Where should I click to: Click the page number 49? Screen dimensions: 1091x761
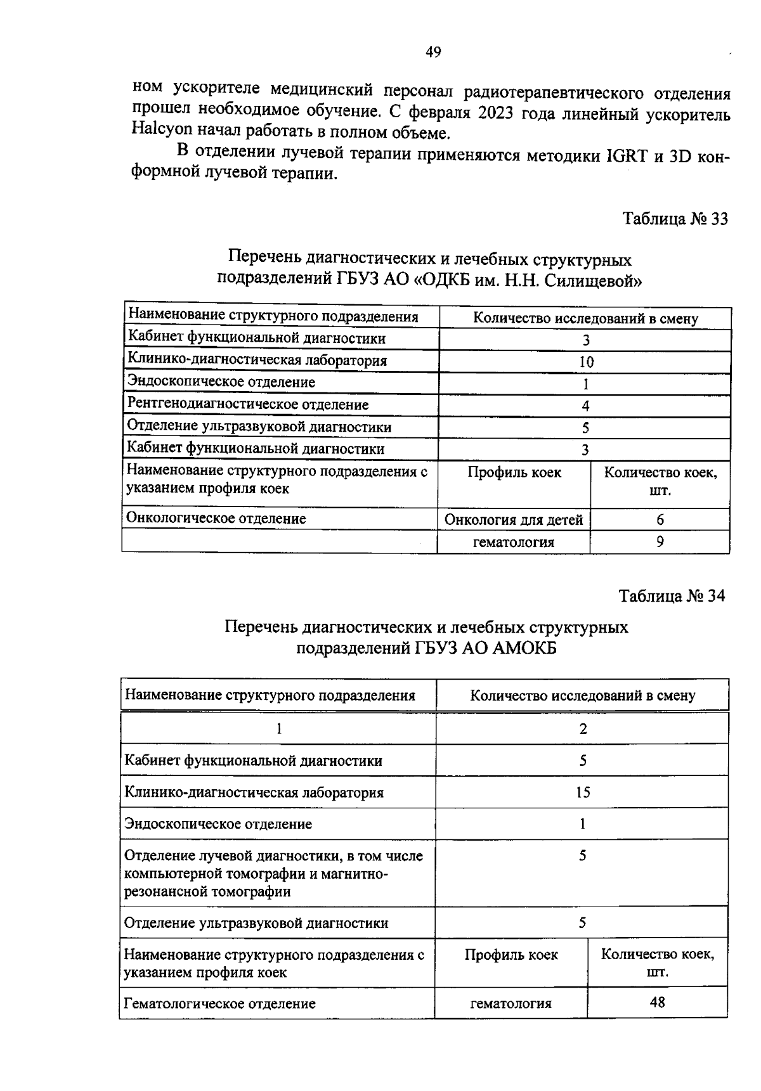pyautogui.click(x=433, y=53)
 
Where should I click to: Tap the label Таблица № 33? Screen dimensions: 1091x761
pyautogui.click(x=675, y=219)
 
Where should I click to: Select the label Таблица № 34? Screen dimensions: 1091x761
pyautogui.click(x=672, y=597)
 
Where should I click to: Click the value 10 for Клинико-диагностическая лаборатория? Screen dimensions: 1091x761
pyautogui.click(x=586, y=362)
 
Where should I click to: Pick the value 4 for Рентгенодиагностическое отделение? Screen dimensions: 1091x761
pyautogui.click(x=586, y=406)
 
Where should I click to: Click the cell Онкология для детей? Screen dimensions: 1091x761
pyautogui.click(x=514, y=520)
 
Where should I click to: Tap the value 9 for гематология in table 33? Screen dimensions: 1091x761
pyautogui.click(x=660, y=542)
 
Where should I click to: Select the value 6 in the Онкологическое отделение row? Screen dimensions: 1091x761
pyautogui.click(x=660, y=520)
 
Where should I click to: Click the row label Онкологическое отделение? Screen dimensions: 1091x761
pyautogui.click(x=216, y=519)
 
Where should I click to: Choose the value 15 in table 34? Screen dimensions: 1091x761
pyautogui.click(x=583, y=792)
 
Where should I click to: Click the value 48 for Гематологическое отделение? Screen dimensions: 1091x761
pyautogui.click(x=657, y=1002)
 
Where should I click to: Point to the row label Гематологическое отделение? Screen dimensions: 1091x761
pyautogui.click(x=219, y=1004)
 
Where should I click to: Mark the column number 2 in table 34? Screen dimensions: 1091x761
pyautogui.click(x=583, y=728)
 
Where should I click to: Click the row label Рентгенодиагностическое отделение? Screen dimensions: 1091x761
pyautogui.click(x=248, y=404)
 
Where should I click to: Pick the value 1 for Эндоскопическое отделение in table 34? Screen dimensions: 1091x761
pyautogui.click(x=583, y=824)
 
